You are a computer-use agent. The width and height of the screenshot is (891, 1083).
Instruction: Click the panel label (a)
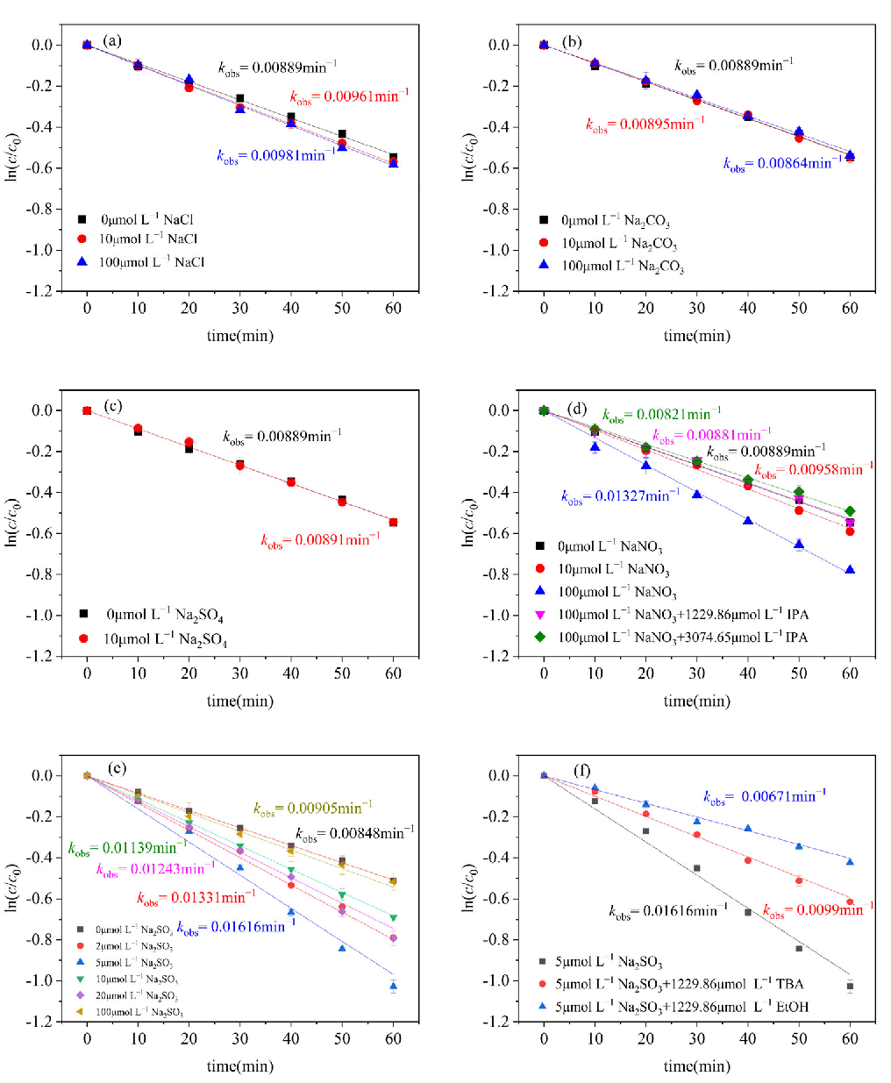click(x=112, y=40)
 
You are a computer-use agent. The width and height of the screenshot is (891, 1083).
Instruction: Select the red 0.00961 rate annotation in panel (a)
click(x=349, y=96)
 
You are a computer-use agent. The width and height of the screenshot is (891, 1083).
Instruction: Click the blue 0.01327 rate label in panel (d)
click(x=620, y=496)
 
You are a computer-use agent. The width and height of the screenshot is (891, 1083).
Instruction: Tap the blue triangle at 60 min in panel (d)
click(x=850, y=570)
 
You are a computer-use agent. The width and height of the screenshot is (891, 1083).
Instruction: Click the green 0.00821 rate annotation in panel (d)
click(x=662, y=415)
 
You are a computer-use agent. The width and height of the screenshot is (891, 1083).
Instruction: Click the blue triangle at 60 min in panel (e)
click(x=393, y=986)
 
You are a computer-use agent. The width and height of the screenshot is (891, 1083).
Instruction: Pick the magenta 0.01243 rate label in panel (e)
click(x=155, y=869)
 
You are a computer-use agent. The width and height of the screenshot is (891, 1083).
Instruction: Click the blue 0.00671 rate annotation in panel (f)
click(x=765, y=796)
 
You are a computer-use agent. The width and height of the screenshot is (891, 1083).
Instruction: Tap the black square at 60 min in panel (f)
click(x=850, y=987)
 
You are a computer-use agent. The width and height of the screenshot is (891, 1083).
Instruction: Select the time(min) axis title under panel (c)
click(x=240, y=701)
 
